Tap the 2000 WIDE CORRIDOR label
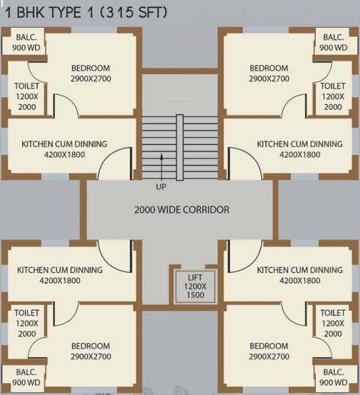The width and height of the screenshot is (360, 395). pyautogui.click(x=182, y=210)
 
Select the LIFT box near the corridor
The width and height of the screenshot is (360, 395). pyautogui.click(x=190, y=286)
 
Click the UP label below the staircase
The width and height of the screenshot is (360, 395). pyautogui.click(x=161, y=186)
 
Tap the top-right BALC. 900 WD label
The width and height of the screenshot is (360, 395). pyautogui.click(x=333, y=43)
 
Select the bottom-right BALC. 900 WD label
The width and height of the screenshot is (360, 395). pyautogui.click(x=333, y=377)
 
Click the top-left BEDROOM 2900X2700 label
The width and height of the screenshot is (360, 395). pyautogui.click(x=90, y=73)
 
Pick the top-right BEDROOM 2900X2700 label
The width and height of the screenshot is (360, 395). pyautogui.click(x=269, y=73)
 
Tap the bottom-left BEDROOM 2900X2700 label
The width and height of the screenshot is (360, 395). pyautogui.click(x=90, y=351)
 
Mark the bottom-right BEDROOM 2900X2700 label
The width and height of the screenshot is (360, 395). pyautogui.click(x=269, y=351)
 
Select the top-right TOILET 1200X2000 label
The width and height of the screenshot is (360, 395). pyautogui.click(x=333, y=96)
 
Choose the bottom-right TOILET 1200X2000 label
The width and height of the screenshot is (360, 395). pyautogui.click(x=333, y=323)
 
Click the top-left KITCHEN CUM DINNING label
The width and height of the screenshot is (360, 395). pyautogui.click(x=64, y=149)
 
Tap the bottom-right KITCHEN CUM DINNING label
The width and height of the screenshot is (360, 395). pyautogui.click(x=299, y=275)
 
